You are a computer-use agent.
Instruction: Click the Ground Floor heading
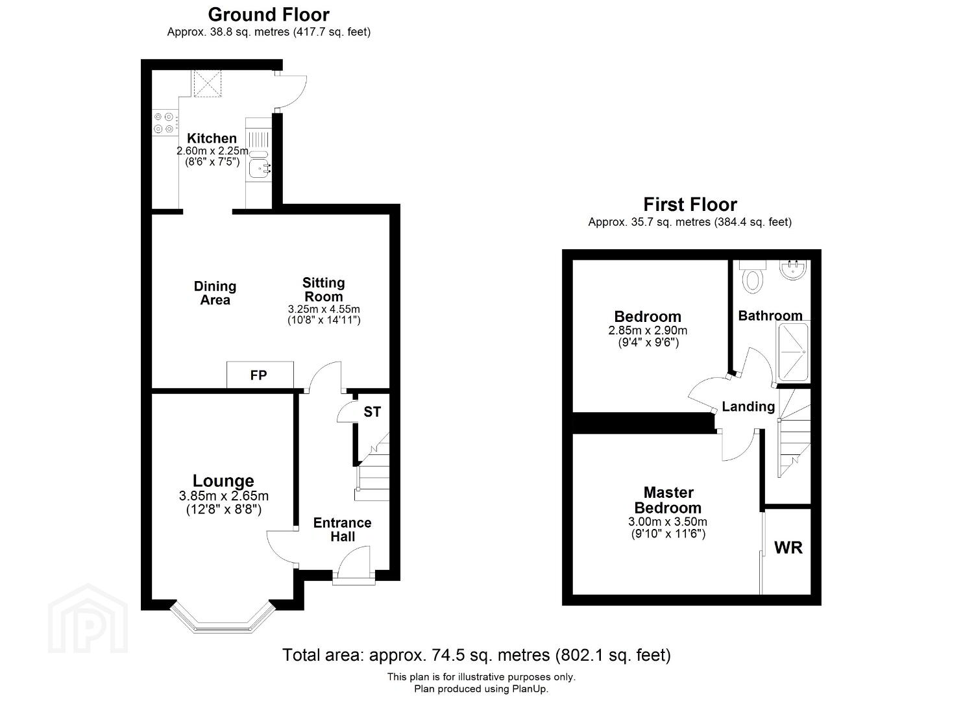269,15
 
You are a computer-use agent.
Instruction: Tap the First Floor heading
690,204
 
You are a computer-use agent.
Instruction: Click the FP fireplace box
260,375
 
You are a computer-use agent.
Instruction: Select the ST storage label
372,412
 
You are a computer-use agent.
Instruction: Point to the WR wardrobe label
788,548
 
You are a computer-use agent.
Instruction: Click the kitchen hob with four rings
165,123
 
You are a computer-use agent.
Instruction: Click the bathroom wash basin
793,270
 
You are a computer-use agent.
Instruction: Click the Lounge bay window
223,617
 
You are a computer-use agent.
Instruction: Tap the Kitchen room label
212,138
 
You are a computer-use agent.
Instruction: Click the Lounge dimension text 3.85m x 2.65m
223,496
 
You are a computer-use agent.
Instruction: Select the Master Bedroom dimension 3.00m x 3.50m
668,522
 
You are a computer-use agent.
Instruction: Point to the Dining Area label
215,293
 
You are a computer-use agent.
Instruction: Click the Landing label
748,406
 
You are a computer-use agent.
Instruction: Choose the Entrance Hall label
342,530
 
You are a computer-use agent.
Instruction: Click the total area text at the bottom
476,655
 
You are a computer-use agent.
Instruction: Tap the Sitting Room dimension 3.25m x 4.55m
324,309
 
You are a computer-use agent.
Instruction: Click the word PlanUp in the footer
530,689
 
